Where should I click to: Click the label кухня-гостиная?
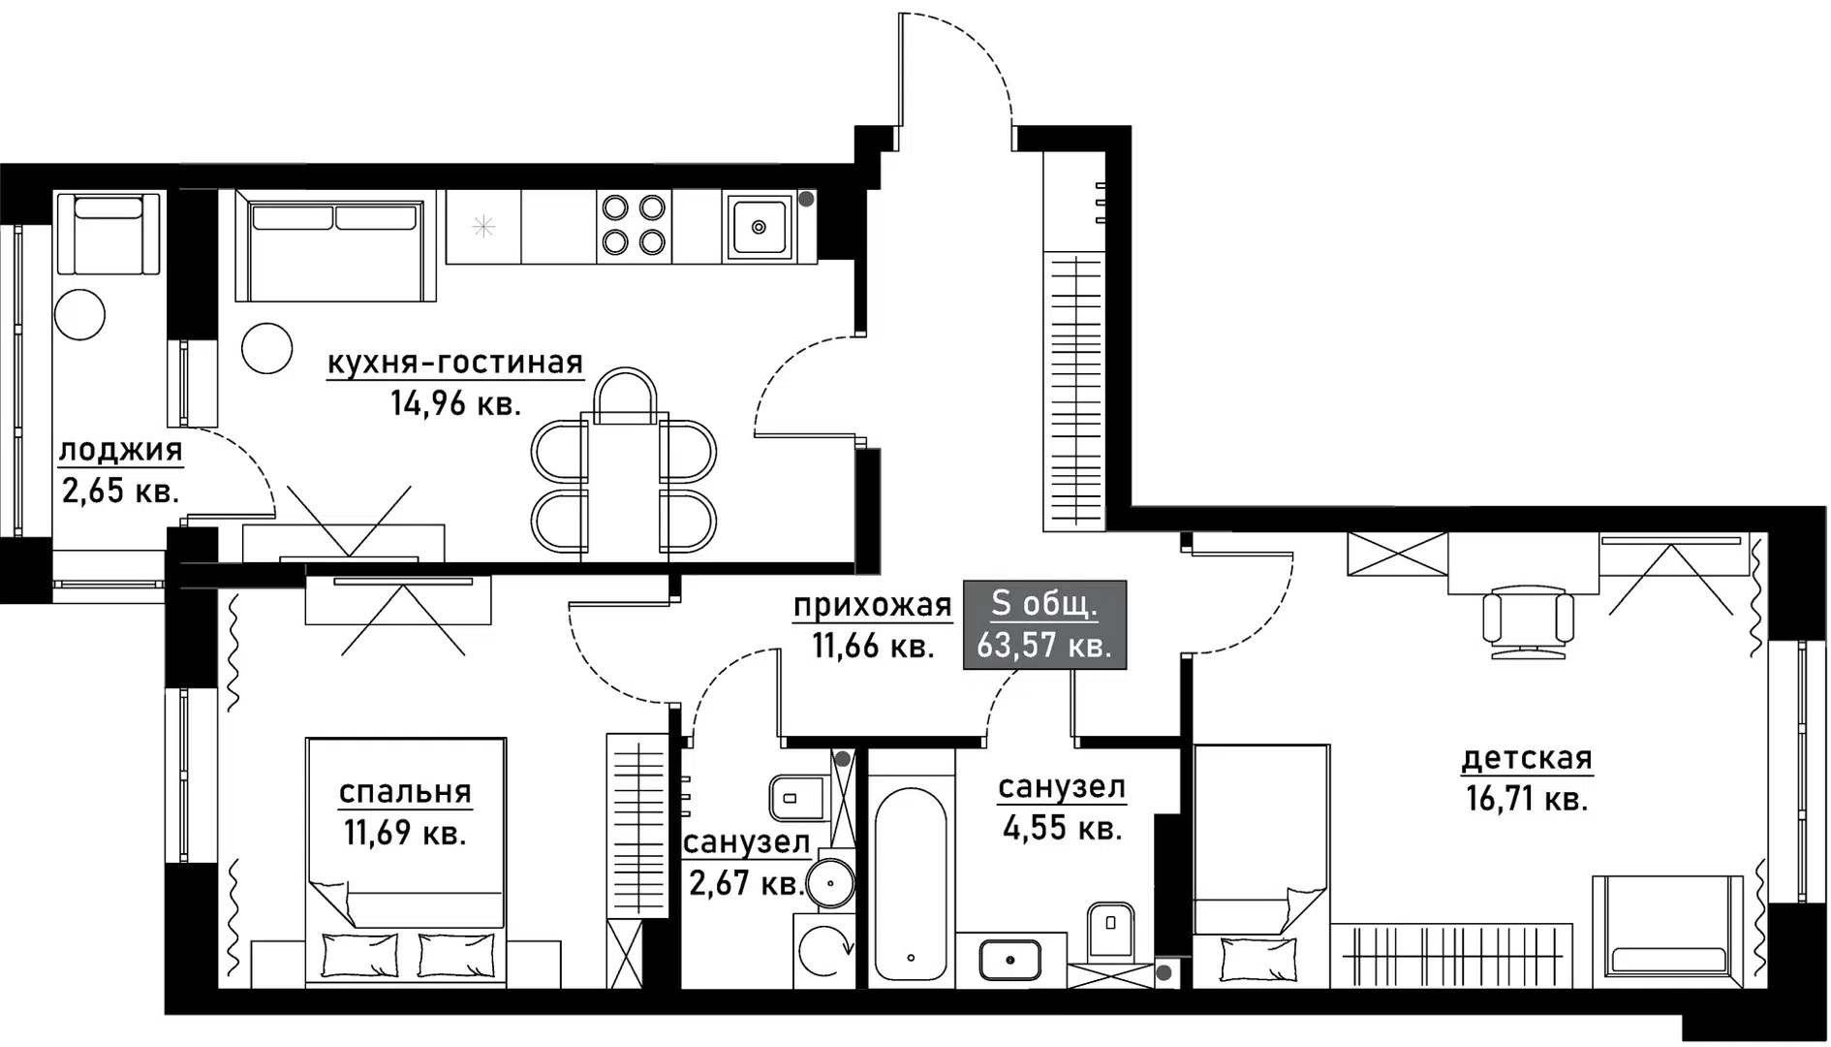click(x=455, y=363)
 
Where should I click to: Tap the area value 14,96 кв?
click(x=455, y=402)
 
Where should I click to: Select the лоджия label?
click(x=121, y=450)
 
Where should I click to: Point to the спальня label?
click(x=405, y=792)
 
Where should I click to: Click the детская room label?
click(x=1527, y=758)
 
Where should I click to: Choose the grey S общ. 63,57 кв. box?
click(x=1044, y=624)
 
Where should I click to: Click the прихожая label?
click(x=873, y=606)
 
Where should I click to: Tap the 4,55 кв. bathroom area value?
click(x=1061, y=829)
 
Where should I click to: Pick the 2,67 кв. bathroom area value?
click(x=746, y=883)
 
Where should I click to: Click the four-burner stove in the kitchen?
click(x=634, y=225)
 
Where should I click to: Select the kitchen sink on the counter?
click(x=759, y=227)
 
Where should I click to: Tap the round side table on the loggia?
click(x=79, y=313)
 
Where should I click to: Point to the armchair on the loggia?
click(x=108, y=233)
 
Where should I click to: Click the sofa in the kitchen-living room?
click(x=335, y=250)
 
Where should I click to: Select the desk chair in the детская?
click(x=1529, y=620)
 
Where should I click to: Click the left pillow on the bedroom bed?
click(x=359, y=954)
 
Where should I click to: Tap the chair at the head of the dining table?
click(x=626, y=396)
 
